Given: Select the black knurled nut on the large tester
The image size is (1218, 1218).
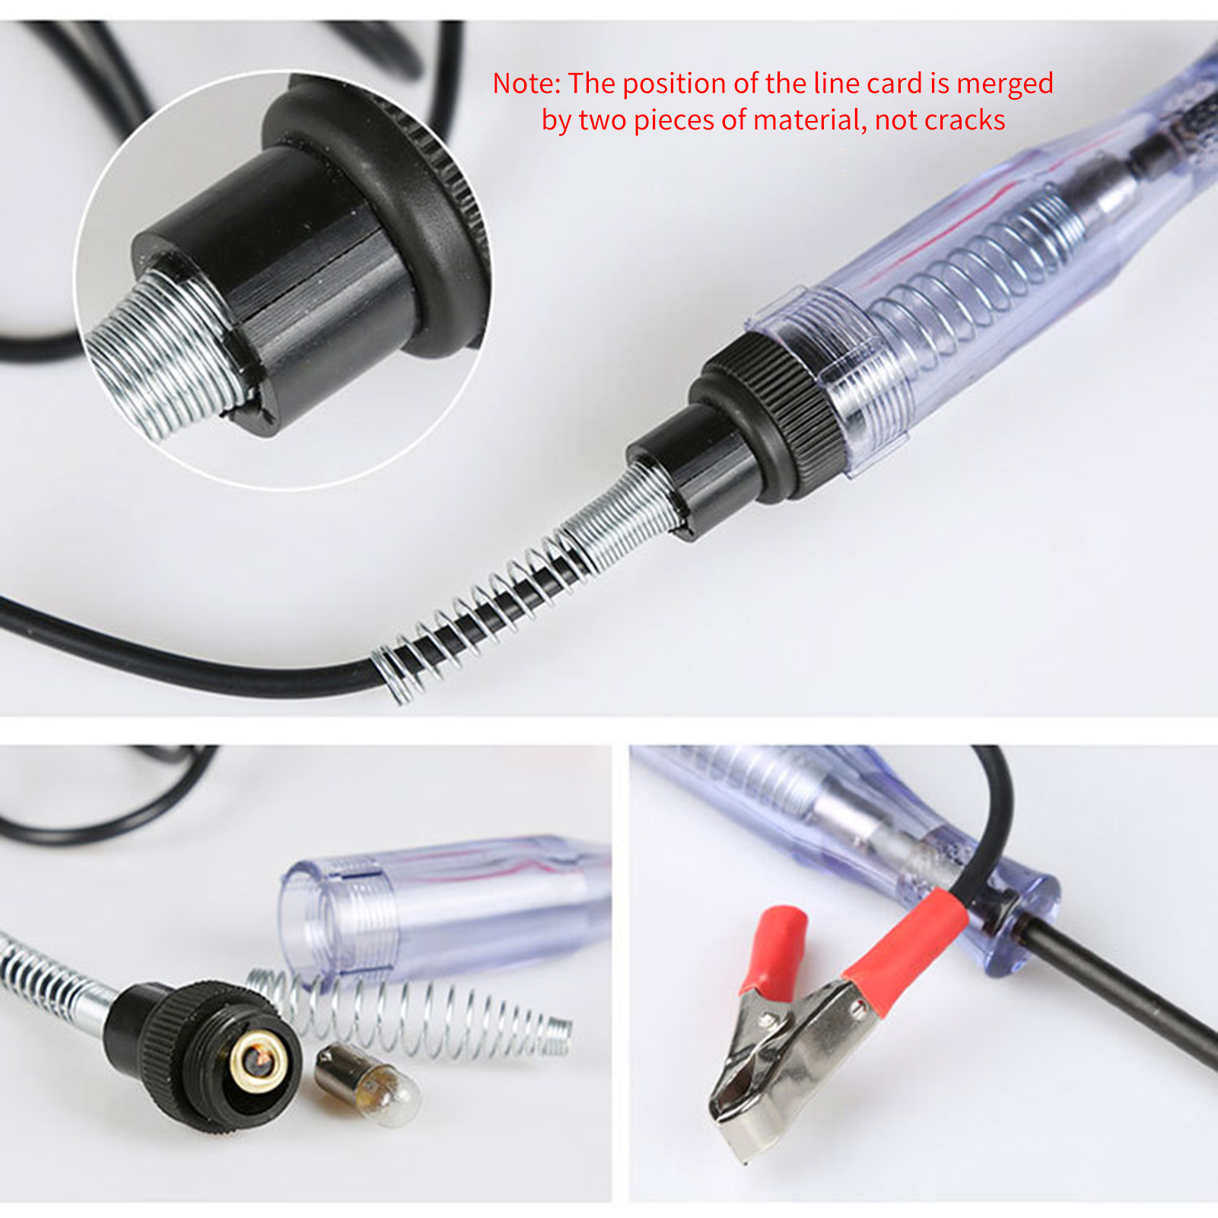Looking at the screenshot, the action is (768, 416).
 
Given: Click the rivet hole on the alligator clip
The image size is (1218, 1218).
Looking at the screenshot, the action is (858, 1009).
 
